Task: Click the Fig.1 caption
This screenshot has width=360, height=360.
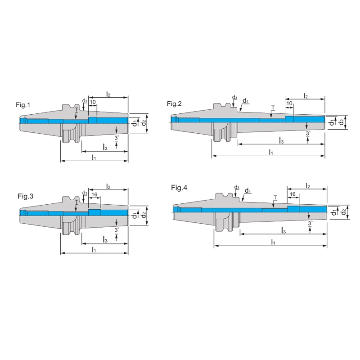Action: tap(22, 105)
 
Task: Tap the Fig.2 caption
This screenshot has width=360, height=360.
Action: tap(174, 104)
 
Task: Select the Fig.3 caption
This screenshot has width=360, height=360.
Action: tap(26, 196)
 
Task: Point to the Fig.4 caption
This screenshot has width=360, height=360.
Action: tap(179, 187)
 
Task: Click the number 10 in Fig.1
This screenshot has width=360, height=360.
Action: tap(92, 103)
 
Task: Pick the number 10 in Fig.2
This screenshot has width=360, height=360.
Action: tap(289, 103)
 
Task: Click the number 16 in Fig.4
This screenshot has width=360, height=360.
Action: tap(292, 194)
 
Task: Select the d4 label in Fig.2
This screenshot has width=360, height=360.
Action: tap(246, 101)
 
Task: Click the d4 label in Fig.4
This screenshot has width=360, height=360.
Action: tap(247, 191)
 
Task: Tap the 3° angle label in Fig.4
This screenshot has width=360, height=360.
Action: tap(310, 223)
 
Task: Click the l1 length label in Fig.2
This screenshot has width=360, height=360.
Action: tap(271, 153)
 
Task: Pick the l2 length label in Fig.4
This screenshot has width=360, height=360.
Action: tap(308, 185)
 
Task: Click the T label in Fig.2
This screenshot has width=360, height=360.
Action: tap(272, 108)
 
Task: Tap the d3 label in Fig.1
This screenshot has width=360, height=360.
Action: tap(85, 101)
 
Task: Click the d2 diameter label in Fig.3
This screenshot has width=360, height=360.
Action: tap(144, 215)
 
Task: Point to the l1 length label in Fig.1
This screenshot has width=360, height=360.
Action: tap(94, 157)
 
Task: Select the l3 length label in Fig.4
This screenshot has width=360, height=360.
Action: tap(284, 230)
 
